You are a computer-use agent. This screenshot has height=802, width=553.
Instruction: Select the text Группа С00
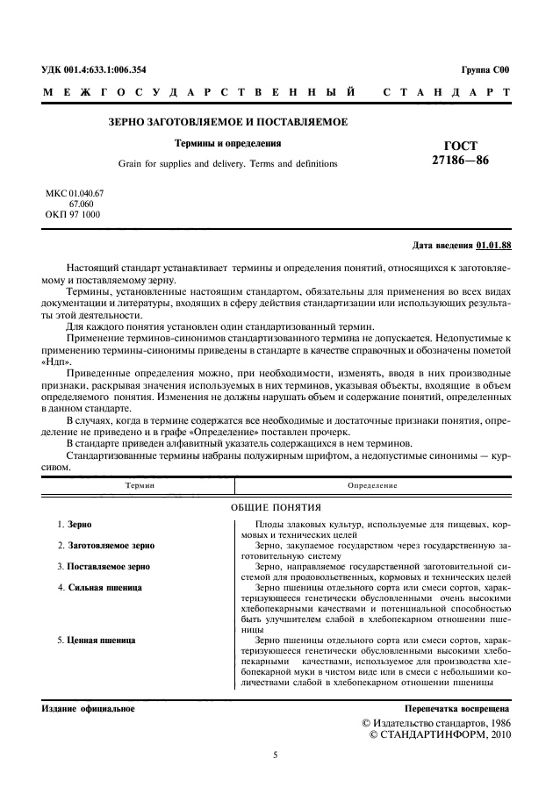coord(485,69)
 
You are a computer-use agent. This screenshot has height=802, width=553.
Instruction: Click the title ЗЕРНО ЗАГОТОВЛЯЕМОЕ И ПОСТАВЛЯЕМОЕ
coord(227,121)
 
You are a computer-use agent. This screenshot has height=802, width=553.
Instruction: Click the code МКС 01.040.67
coord(75,191)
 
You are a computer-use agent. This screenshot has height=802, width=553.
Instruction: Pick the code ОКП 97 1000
coord(72,213)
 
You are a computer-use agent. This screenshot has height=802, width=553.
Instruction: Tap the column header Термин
coord(140,485)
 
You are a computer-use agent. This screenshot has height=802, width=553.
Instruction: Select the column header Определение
coord(372,485)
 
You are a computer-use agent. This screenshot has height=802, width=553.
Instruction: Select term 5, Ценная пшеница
coord(101,640)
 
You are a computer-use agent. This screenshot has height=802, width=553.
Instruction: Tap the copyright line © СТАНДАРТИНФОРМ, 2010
coord(435,734)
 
